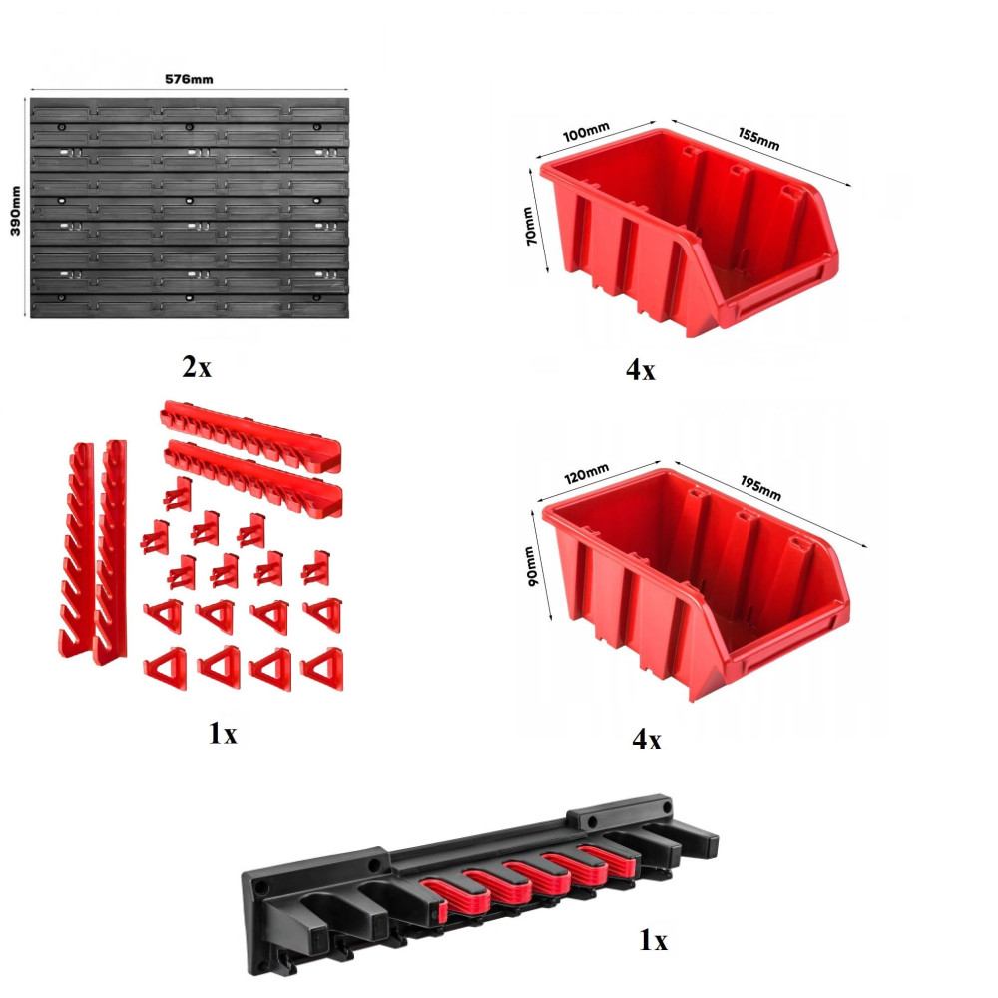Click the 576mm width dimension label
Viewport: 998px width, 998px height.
[189, 79]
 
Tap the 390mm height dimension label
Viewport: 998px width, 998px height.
[15, 210]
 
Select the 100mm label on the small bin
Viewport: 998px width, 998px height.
[586, 131]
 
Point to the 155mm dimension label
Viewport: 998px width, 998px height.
[758, 138]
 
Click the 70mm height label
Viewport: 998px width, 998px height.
[530, 226]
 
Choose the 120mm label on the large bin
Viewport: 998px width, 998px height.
[586, 473]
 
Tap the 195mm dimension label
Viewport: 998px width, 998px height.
[760, 488]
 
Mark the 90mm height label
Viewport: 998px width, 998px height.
[530, 566]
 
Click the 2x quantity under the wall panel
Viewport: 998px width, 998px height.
[196, 367]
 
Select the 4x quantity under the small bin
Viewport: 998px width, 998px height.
[640, 370]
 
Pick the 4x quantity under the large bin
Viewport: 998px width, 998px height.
[647, 739]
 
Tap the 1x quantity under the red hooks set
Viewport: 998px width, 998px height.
[223, 733]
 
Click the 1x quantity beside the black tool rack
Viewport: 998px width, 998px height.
[653, 940]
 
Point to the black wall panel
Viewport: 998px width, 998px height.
[189, 208]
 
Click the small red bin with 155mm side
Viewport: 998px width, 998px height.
[688, 233]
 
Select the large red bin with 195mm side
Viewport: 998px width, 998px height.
[695, 583]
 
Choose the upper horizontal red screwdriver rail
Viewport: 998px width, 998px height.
[250, 435]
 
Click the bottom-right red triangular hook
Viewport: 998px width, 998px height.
[322, 669]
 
